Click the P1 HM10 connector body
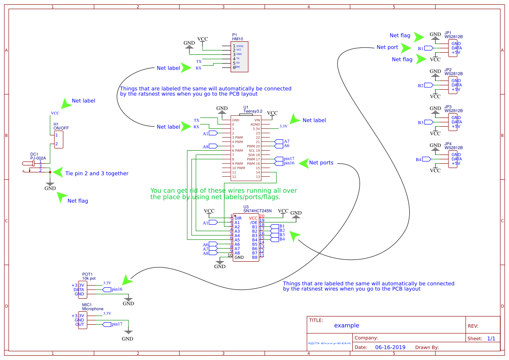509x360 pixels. point(240,57)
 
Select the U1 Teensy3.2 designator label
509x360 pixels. point(246,107)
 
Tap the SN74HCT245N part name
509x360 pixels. point(257,211)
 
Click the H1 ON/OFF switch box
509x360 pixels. point(58,140)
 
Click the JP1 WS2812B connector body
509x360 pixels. point(453,48)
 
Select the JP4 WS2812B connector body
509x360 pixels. point(453,159)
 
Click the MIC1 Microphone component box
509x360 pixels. point(82,320)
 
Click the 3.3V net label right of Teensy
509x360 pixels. point(283,126)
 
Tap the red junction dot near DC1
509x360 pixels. point(50,172)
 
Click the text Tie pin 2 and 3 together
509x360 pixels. point(97,173)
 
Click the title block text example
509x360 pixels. point(347,325)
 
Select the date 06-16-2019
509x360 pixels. point(390,347)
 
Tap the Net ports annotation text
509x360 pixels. point(321,163)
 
